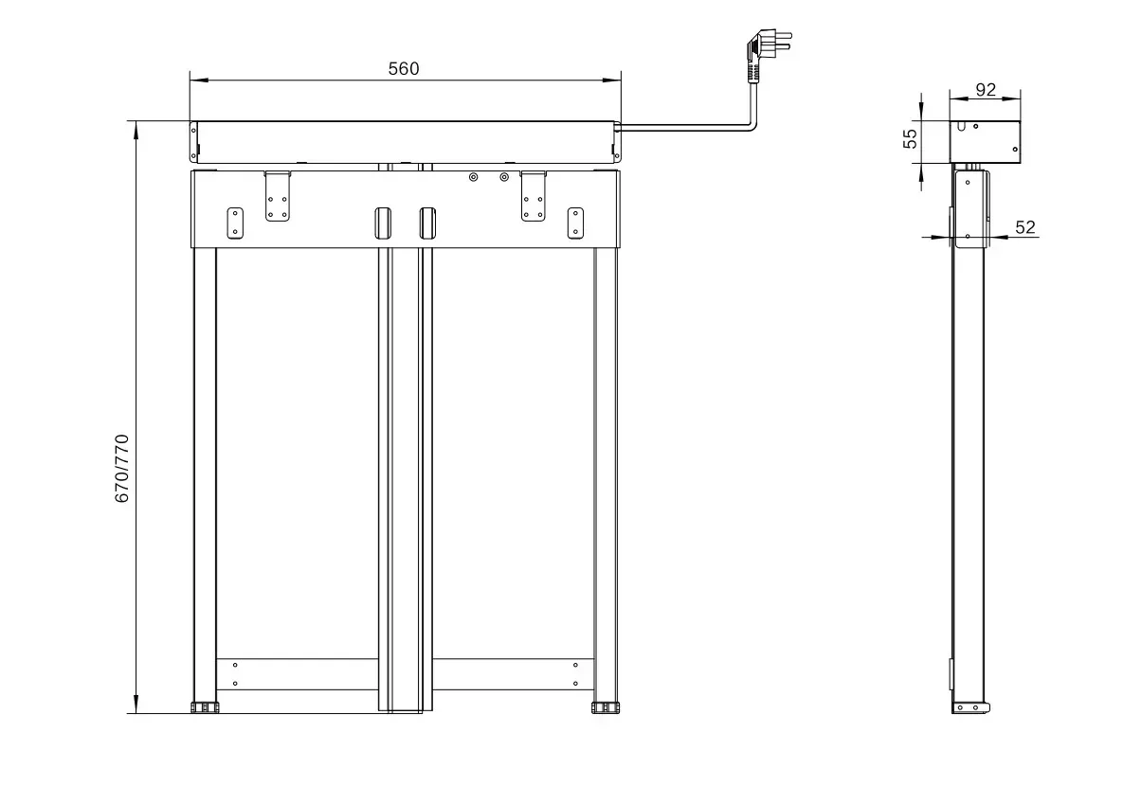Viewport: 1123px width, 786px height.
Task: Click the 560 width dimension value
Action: (x=404, y=68)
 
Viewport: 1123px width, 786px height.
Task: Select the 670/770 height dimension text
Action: (x=121, y=468)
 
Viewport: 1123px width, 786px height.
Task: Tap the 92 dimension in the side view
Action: (x=986, y=90)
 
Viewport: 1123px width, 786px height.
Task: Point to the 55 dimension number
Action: (x=910, y=138)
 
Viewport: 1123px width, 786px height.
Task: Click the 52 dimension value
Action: (x=1025, y=227)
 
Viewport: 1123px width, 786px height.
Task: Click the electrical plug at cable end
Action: (x=765, y=52)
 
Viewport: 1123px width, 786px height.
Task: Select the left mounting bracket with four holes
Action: (x=278, y=197)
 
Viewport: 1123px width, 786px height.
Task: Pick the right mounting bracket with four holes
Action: (x=534, y=197)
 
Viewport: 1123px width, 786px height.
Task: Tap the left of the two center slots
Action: (x=382, y=222)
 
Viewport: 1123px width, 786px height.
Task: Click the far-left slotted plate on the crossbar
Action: (x=235, y=223)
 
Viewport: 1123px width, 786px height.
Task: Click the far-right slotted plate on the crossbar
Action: (x=574, y=223)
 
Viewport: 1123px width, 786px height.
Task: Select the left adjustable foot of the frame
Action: (x=205, y=707)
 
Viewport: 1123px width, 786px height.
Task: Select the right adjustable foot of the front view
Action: (x=605, y=707)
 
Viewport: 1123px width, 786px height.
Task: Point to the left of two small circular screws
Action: (x=474, y=176)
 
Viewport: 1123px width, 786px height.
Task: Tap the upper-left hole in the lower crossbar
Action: (x=235, y=666)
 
